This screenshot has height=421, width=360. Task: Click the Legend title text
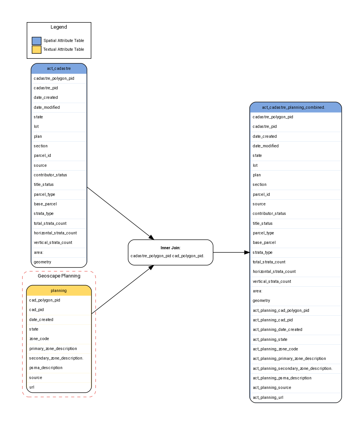(59, 27)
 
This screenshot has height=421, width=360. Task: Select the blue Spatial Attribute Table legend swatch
(37, 41)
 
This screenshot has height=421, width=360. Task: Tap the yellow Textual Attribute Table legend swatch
(37, 50)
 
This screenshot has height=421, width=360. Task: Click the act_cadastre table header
(59, 69)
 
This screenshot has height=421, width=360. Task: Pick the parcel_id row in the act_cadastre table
(42, 155)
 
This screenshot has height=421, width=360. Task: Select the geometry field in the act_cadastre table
(42, 262)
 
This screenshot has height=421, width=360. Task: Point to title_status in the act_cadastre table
(43, 184)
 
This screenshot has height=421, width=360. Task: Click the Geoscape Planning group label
(59, 276)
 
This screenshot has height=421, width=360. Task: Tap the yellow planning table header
(59, 290)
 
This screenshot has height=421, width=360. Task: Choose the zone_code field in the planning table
(39, 339)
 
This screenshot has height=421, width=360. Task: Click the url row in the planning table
(32, 387)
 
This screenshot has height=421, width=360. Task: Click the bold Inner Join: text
(170, 248)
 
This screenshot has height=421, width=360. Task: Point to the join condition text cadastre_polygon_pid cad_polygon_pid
(167, 256)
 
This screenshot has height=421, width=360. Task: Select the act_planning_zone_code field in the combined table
(275, 349)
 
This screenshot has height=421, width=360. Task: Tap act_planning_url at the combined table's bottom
(268, 397)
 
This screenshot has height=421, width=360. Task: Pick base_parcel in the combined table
(264, 242)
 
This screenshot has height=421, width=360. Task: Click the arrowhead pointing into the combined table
(246, 252)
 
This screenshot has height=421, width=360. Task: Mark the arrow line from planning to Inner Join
(120, 291)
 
